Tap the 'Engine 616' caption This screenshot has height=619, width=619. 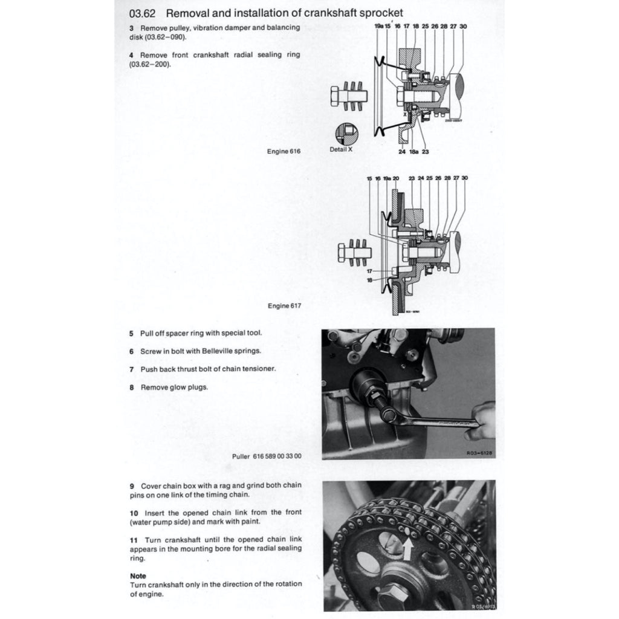284,151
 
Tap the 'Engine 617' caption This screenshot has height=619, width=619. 284,306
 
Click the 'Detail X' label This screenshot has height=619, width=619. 342,149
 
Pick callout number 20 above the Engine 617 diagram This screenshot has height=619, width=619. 396,178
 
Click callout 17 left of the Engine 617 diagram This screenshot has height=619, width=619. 369,271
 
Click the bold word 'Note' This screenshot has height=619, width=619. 138,576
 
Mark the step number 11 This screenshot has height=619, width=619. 134,539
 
